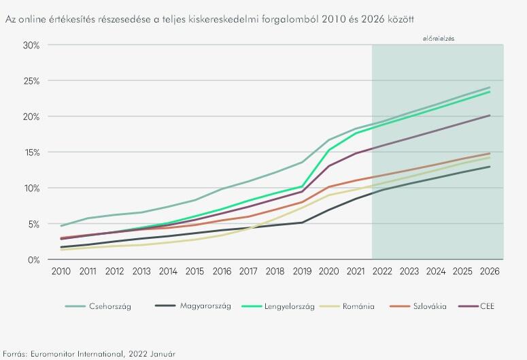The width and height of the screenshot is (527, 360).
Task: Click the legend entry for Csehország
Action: [109, 306]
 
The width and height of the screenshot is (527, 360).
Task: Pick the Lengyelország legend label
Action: [288, 306]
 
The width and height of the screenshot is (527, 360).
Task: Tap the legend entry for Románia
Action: [358, 306]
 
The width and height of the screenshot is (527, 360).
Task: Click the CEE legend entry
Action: [488, 306]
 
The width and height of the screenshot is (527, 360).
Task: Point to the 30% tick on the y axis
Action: [31, 45]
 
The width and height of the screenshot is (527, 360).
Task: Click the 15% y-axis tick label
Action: [31, 152]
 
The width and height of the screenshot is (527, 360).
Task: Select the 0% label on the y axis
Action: [33, 259]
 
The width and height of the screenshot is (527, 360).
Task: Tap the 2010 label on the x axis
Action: [62, 271]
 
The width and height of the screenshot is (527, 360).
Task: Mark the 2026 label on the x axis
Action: [490, 271]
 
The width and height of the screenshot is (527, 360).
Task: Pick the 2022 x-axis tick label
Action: [382, 271]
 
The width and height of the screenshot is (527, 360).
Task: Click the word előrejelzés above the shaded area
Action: [438, 39]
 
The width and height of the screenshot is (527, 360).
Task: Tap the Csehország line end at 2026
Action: [490, 87]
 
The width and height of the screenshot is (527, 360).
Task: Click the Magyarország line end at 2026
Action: [490, 167]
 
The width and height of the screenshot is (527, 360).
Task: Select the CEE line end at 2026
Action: [490, 116]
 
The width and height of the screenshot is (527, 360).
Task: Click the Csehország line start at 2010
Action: [62, 225]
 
